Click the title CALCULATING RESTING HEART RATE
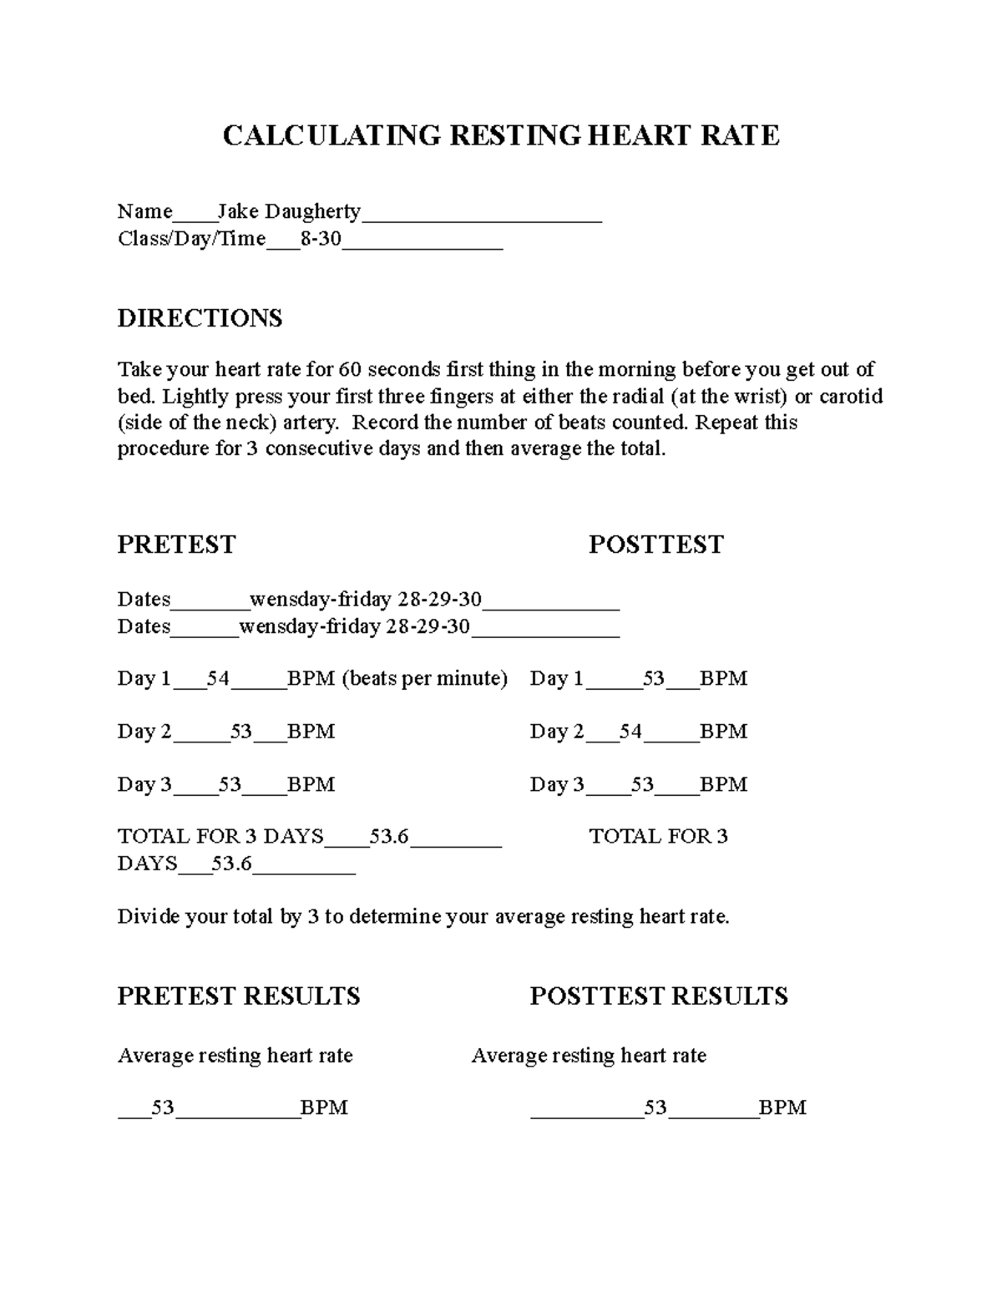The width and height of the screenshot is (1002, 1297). coord(501,135)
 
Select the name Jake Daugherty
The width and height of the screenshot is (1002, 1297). coord(289,211)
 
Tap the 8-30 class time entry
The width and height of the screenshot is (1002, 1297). coord(321,239)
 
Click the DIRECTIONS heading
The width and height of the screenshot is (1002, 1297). coord(200,318)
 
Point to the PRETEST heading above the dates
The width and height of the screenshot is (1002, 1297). coord(176,545)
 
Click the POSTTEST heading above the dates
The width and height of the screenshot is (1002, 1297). coord(655,545)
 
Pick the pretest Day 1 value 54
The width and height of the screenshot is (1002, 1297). coord(218,678)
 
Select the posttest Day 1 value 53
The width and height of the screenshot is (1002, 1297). coord(653,678)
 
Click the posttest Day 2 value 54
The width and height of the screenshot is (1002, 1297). coord(630,732)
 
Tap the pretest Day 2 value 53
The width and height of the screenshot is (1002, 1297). coord(241,732)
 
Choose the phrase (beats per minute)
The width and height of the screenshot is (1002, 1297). coord(425,678)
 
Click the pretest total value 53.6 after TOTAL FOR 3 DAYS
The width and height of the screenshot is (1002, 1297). coord(389,836)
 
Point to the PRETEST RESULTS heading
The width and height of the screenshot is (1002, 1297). coord(239,996)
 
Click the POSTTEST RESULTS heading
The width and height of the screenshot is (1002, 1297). coord(659,996)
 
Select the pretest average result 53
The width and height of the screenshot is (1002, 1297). coord(163,1108)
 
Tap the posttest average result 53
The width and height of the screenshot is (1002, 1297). coord(655,1108)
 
